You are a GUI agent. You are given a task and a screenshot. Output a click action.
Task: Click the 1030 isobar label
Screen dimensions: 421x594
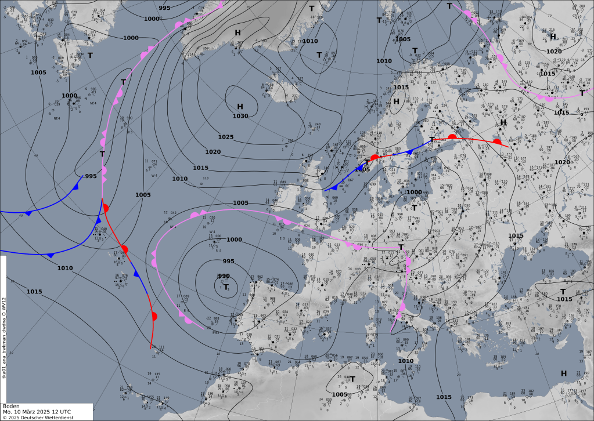click(x=240, y=116)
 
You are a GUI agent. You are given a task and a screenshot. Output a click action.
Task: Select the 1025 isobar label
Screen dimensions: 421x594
click(x=226, y=137)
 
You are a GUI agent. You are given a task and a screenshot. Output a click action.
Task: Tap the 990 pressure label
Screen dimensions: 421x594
click(x=224, y=276)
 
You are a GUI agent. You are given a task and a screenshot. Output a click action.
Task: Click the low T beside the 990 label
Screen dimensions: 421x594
click(x=226, y=286)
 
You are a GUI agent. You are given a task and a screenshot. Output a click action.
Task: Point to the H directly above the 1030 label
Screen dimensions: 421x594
click(x=240, y=106)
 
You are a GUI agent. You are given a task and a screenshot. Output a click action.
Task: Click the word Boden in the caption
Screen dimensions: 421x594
click(x=12, y=406)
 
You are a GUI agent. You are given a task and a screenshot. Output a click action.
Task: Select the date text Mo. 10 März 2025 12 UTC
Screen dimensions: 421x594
click(x=36, y=412)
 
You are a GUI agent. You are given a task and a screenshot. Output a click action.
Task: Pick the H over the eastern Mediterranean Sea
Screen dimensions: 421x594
click(x=563, y=373)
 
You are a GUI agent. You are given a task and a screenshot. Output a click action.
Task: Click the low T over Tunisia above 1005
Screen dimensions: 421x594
click(x=352, y=379)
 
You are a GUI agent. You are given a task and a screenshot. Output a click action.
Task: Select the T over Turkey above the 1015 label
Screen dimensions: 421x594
click(x=563, y=291)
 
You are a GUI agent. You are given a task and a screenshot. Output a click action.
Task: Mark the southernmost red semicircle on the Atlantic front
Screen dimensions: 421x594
click(x=154, y=317)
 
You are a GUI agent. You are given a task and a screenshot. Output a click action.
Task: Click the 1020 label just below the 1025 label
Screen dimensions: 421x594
click(x=213, y=152)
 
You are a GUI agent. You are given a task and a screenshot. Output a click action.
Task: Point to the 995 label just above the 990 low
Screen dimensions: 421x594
click(x=229, y=261)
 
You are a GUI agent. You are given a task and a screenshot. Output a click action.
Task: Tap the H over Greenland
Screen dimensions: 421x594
click(x=237, y=32)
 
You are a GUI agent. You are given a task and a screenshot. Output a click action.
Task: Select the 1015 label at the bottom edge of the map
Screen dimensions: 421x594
click(x=443, y=397)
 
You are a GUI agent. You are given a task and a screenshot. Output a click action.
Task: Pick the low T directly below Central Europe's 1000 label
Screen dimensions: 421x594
click(x=414, y=206)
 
